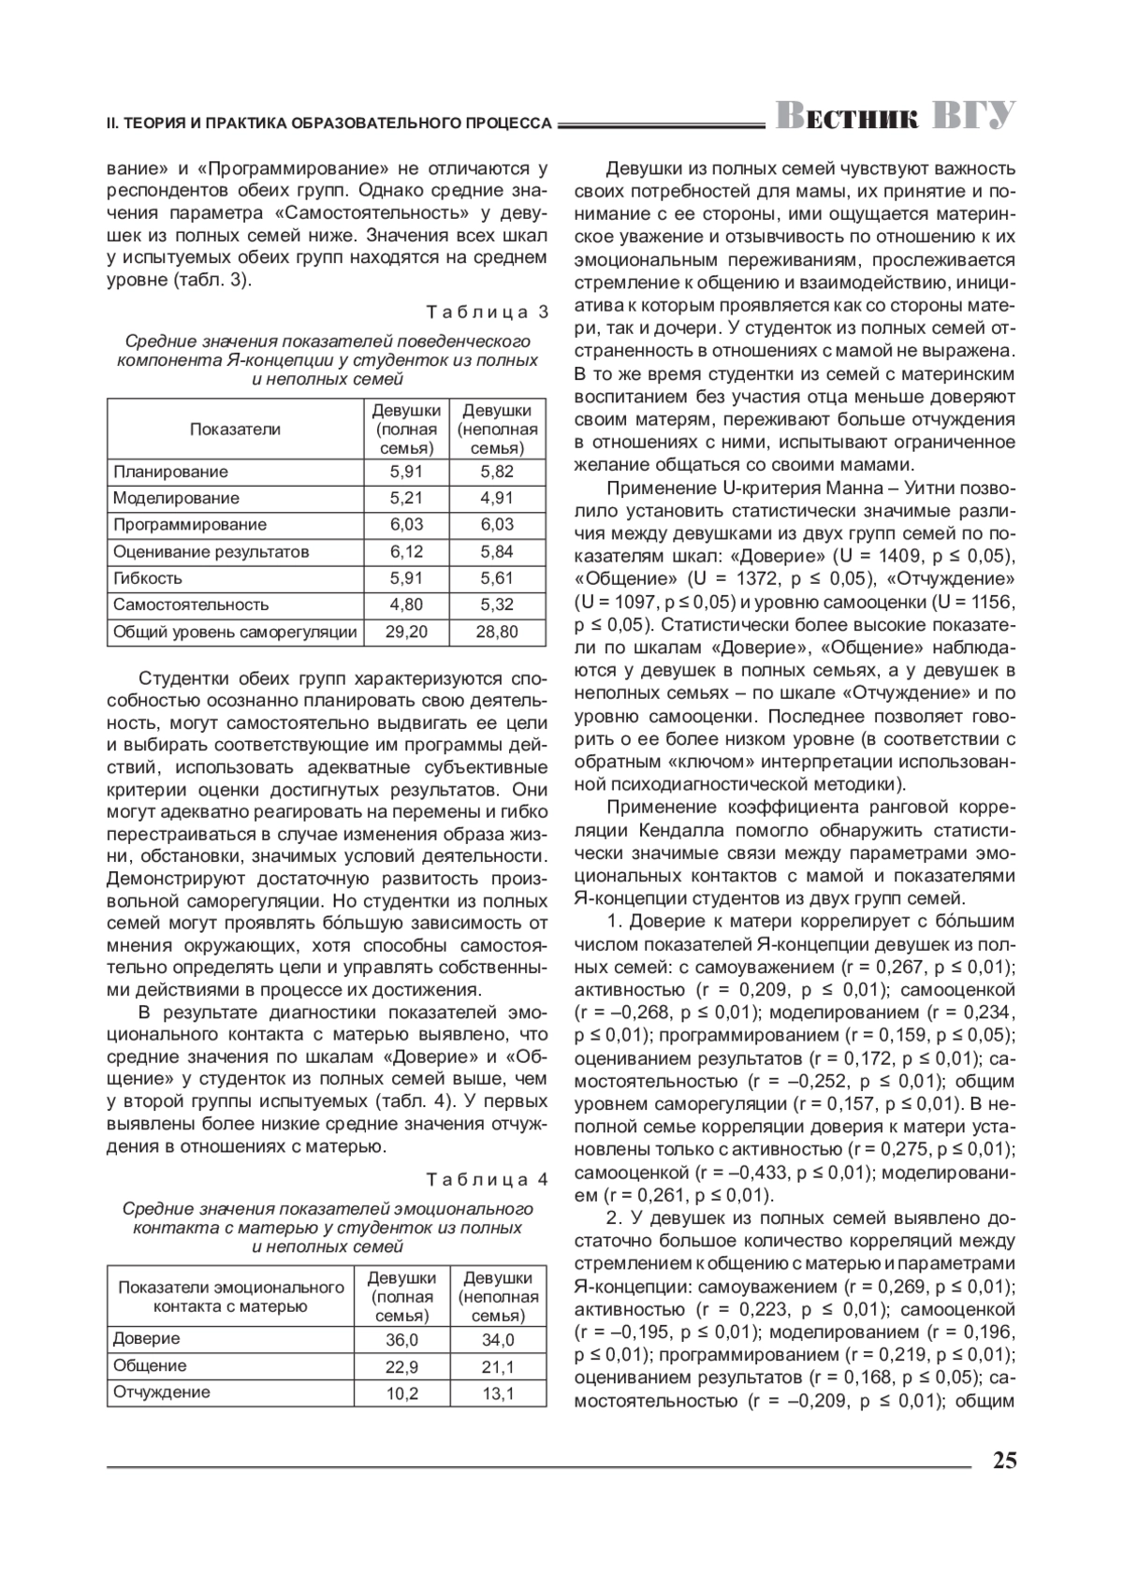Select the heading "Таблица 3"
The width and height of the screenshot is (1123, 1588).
pyautogui.click(x=487, y=312)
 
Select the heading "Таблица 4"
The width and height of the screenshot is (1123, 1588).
pyautogui.click(x=487, y=1178)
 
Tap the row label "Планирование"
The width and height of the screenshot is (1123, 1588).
pyautogui.click(x=170, y=472)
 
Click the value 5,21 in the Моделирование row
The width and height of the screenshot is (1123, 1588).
pyautogui.click(x=406, y=498)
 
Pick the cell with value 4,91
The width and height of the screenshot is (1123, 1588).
pyautogui.click(x=497, y=498)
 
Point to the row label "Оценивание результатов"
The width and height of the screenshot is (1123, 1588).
pyautogui.click(x=211, y=552)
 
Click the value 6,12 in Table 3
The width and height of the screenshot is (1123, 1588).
pyautogui.click(x=406, y=552)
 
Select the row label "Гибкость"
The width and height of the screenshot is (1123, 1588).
pyautogui.click(x=148, y=578)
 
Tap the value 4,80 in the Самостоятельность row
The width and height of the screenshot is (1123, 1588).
pyautogui.click(x=406, y=605)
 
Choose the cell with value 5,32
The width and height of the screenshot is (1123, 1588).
pyautogui.click(x=497, y=605)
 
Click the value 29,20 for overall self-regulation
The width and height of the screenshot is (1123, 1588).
pyautogui.click(x=406, y=632)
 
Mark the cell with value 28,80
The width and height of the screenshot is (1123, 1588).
pyautogui.click(x=497, y=632)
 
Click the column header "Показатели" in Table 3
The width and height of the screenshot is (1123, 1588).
pyautogui.click(x=235, y=430)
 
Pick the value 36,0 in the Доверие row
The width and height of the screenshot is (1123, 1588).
pyautogui.click(x=401, y=1340)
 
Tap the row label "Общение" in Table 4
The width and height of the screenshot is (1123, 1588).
pyautogui.click(x=150, y=1366)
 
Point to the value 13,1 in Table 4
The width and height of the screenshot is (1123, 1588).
pyautogui.click(x=498, y=1393)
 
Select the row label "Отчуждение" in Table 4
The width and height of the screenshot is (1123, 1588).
pyautogui.click(x=161, y=1392)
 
